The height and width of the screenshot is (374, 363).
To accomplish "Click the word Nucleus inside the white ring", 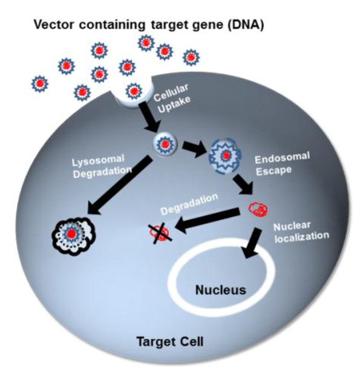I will click(221, 289).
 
